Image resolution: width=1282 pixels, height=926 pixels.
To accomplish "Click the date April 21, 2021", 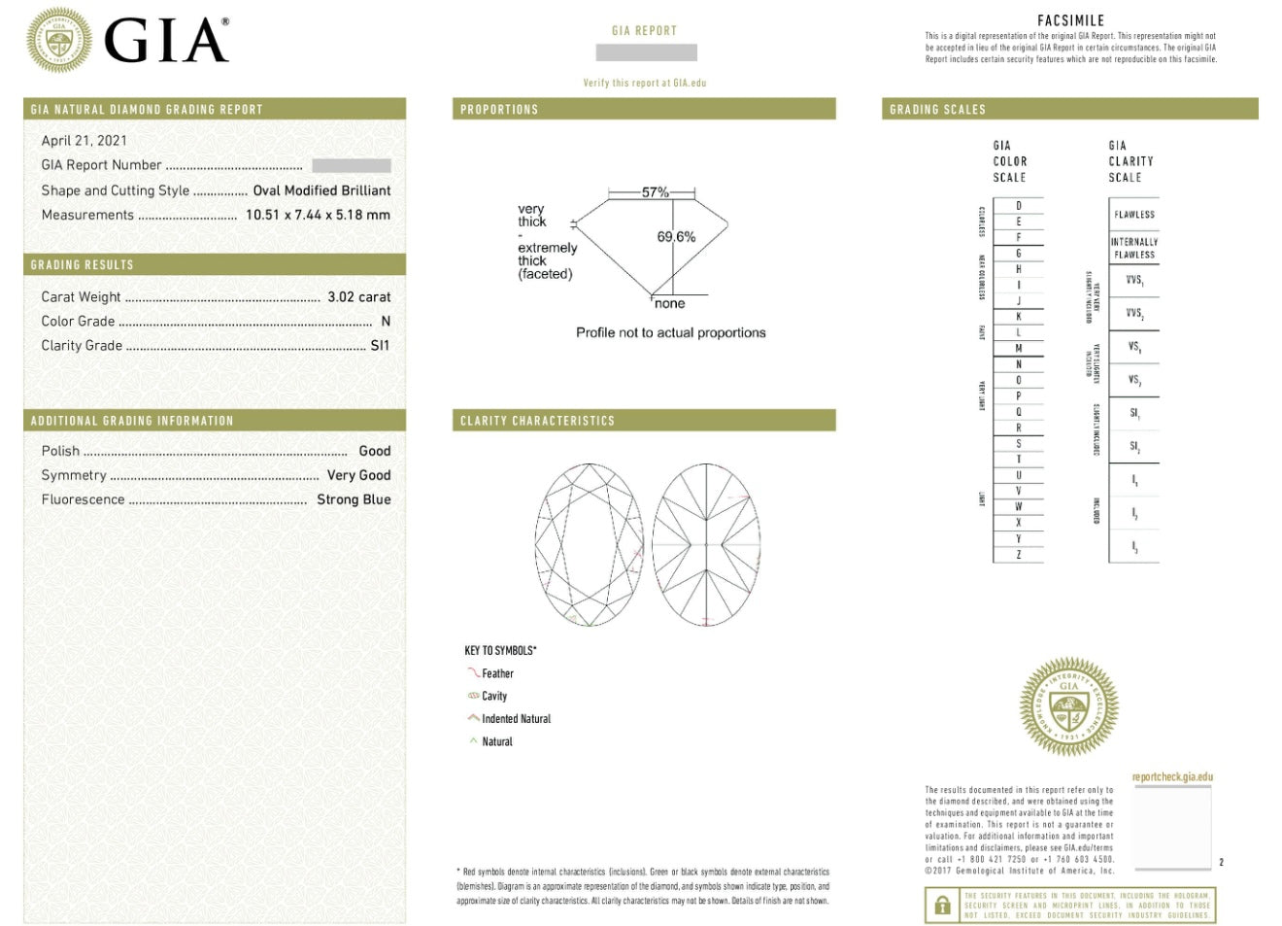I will (x=84, y=140).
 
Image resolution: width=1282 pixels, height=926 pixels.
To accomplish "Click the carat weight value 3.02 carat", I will (x=358, y=296).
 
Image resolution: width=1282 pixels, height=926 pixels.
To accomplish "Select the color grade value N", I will (x=386, y=321).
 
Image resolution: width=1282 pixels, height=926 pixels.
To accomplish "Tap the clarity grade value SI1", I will (x=380, y=345).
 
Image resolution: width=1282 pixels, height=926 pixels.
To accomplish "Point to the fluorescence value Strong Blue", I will (x=354, y=499).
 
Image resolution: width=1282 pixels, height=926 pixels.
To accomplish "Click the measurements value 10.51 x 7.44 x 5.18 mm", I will (x=318, y=215).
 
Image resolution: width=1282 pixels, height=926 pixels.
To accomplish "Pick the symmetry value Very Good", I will (x=358, y=475).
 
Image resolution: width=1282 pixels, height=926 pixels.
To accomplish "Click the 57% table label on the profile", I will (x=656, y=192).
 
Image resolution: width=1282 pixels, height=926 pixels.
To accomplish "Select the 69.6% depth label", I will (x=676, y=236).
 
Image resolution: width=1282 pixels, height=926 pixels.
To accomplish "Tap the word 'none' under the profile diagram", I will (x=669, y=304).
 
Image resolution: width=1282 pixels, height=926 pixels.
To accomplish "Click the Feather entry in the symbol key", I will (x=497, y=673).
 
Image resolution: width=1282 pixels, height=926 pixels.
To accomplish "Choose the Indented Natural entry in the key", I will (x=516, y=719).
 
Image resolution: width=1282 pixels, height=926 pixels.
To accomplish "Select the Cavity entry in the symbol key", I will (x=494, y=696).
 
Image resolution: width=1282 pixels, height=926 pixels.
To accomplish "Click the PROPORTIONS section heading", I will (x=499, y=110).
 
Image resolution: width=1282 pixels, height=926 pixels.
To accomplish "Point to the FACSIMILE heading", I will (x=1070, y=20).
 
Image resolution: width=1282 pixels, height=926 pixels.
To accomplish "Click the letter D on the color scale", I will (x=1019, y=205).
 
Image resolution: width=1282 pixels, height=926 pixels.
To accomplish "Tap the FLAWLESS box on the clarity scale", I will (x=1134, y=214).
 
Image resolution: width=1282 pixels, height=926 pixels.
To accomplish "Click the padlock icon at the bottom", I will (x=942, y=906).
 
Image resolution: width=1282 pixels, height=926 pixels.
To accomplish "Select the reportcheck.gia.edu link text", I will (x=1172, y=777).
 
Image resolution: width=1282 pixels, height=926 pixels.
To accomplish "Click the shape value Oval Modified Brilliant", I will (x=321, y=190).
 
